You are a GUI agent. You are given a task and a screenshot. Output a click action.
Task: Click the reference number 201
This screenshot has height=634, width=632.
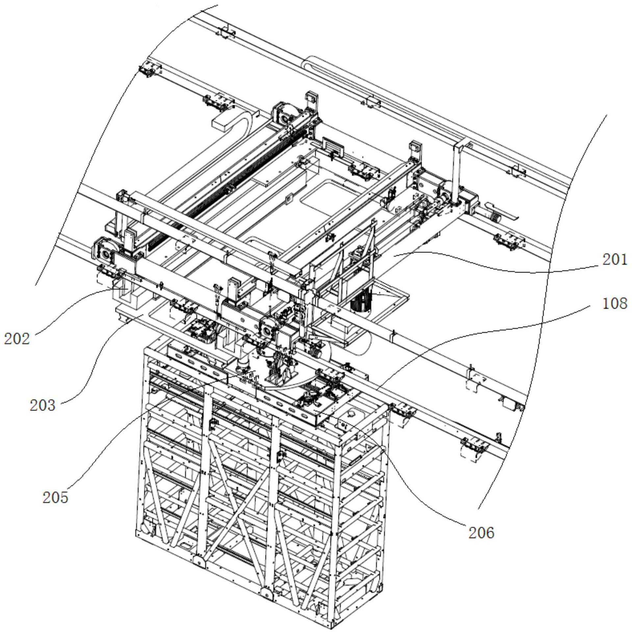pos(615,260)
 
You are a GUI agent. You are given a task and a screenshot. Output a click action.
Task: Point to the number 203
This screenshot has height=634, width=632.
pos(42,405)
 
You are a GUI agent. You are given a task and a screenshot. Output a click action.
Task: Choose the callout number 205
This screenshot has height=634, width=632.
pos(55,497)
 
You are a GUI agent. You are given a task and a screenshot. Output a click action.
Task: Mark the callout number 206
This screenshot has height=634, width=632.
pos(481,533)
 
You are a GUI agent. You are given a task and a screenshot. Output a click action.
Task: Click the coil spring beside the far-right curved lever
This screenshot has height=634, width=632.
pos(495,217)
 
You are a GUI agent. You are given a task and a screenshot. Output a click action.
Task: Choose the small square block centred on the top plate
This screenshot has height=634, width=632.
pos(290,199)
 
